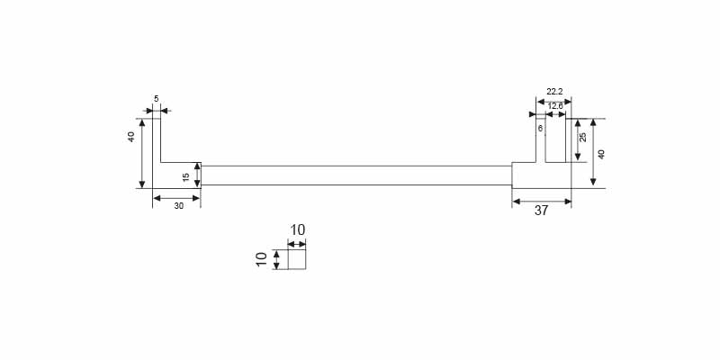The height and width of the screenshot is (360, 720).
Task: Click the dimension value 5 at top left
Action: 156,98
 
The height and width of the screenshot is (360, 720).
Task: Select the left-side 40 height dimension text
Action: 131,137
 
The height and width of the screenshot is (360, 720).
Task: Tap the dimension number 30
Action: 178,206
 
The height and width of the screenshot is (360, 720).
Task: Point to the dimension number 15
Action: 186,176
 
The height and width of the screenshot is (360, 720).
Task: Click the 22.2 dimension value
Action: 554,91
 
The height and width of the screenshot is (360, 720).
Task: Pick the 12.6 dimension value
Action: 555,106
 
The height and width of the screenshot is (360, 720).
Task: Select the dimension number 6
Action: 540,129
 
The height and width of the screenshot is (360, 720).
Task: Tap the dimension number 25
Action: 583,137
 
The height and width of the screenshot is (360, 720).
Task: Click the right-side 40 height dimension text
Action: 602,154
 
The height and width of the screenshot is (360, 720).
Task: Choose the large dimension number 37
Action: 541,211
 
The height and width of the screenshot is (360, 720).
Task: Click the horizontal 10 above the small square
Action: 297,230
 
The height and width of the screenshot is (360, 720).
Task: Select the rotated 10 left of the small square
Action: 262,260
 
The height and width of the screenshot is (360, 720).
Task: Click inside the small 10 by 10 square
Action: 297,260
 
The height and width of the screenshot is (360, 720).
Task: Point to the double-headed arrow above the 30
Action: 176,197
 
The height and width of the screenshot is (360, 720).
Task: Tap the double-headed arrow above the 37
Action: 542,201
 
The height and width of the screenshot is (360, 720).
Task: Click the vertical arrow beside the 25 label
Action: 576,140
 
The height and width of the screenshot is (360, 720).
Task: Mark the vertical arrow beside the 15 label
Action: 197,175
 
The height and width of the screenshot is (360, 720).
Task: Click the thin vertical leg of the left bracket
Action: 157,139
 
